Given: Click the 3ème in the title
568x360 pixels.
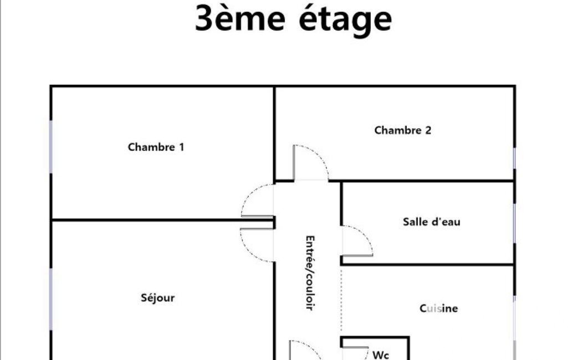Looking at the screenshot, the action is click(240, 18).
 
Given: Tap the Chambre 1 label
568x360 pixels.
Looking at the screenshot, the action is click(156, 147).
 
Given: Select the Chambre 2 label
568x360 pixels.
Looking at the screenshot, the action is click(403, 130).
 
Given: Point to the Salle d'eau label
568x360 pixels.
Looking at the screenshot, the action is click(432, 222).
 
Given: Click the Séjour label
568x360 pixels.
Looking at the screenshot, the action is click(157, 298).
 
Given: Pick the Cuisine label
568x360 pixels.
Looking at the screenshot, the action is click(439, 308).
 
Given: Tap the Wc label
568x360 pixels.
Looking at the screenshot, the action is click(380, 355).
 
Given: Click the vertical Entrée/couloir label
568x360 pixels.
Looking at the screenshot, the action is click(310, 272).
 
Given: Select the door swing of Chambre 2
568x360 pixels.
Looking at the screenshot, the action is click(311, 163).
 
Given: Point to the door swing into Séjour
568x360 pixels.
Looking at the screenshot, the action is click(257, 245).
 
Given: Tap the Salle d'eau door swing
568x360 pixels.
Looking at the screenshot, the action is click(357, 241).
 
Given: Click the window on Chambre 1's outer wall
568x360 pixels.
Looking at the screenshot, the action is click(51, 147).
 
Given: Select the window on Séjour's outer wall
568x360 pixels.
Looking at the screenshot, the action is click(51, 299).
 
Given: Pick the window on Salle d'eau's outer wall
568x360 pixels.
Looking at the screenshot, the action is click(514, 223).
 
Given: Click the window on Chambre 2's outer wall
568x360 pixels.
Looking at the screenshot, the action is click(514, 158).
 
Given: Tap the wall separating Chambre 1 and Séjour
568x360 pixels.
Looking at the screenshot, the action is click(162, 220).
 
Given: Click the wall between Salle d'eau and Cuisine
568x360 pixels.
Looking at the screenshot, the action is click(427, 265).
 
